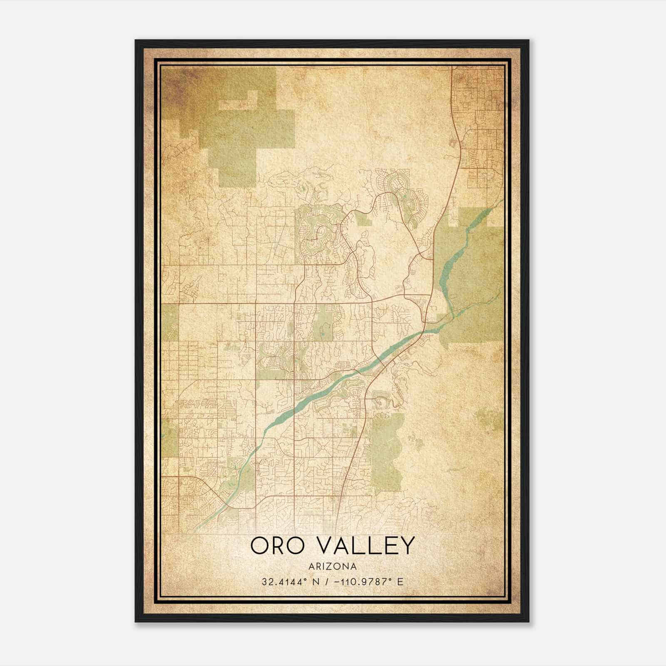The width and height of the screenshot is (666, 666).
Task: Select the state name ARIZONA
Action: click(333, 567)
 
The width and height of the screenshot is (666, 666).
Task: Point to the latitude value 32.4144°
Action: click(284, 582)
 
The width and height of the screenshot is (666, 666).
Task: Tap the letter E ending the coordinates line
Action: click(400, 582)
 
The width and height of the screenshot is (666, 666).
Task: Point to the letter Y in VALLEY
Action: click(407, 545)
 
